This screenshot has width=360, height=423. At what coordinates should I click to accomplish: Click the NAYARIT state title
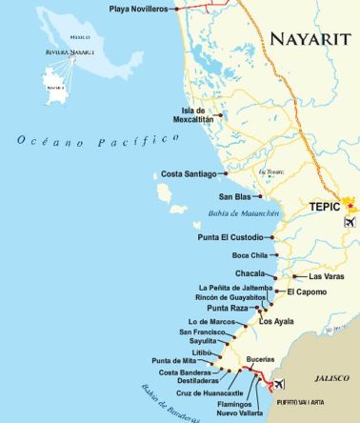pyautogui.click(x=310, y=39)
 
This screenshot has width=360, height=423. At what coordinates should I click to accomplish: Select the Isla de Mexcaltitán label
pyautogui.click(x=188, y=115)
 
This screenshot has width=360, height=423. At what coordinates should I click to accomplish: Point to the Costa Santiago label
pyautogui.click(x=190, y=174)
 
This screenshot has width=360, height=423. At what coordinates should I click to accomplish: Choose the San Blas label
pyautogui.click(x=207, y=196)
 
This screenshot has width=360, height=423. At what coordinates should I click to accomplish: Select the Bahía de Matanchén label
pyautogui.click(x=241, y=213)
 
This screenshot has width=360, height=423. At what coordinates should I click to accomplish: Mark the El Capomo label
pyautogui.click(x=305, y=292)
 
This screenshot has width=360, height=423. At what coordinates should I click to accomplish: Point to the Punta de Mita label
pyautogui.click(x=175, y=361)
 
